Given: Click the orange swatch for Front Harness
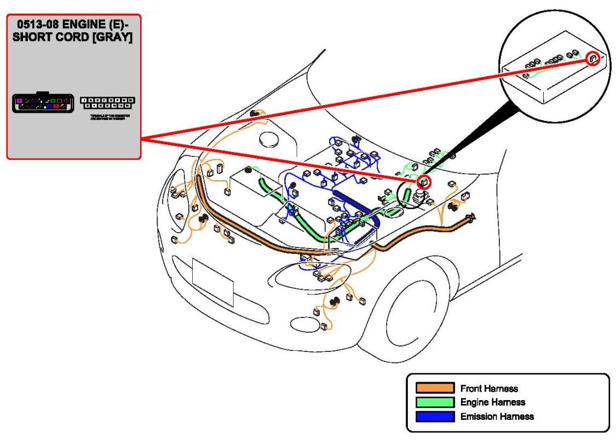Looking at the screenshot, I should (x=435, y=388).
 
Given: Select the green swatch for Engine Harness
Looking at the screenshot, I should (x=435, y=402).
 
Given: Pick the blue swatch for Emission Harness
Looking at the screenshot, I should (x=435, y=417).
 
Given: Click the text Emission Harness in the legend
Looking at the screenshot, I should (x=497, y=417).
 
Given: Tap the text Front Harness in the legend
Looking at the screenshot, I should (x=490, y=389).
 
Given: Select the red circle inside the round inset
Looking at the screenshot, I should (x=593, y=59).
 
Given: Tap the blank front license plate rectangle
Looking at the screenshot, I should (x=213, y=282).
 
